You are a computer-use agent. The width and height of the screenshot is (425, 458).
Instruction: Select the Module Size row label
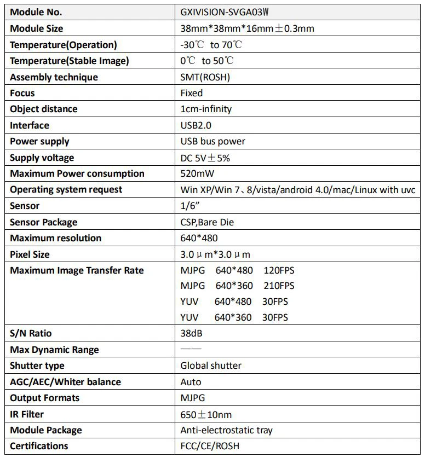click(x=36, y=28)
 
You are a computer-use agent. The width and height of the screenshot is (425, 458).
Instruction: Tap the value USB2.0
click(x=196, y=125)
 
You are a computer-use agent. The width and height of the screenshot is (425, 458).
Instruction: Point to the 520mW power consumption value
click(x=197, y=173)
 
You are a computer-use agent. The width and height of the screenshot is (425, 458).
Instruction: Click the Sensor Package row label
click(x=43, y=222)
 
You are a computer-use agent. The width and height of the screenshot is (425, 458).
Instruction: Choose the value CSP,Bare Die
click(x=211, y=222)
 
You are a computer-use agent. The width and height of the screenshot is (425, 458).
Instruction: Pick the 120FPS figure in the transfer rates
click(x=279, y=270)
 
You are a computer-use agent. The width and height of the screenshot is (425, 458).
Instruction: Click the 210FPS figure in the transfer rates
click(x=279, y=286)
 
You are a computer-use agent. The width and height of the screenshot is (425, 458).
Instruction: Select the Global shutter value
click(x=211, y=366)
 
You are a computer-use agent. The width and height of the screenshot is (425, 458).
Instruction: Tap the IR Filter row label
click(x=27, y=414)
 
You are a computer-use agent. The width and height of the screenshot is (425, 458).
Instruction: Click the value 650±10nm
click(x=206, y=414)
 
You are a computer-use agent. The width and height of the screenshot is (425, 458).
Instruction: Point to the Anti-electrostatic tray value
click(x=226, y=430)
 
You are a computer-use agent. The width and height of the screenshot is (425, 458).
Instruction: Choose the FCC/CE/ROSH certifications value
click(x=210, y=446)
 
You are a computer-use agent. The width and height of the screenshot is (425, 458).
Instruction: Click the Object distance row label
click(x=44, y=109)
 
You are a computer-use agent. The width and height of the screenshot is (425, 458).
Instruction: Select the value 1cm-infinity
click(x=206, y=109)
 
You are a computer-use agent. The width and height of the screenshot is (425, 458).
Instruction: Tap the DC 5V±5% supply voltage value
click(x=204, y=158)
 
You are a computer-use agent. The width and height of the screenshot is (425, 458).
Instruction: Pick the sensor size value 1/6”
click(x=189, y=206)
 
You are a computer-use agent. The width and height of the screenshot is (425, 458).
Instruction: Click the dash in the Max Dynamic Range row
click(x=191, y=349)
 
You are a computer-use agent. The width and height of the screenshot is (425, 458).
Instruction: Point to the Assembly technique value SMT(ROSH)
click(x=205, y=77)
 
